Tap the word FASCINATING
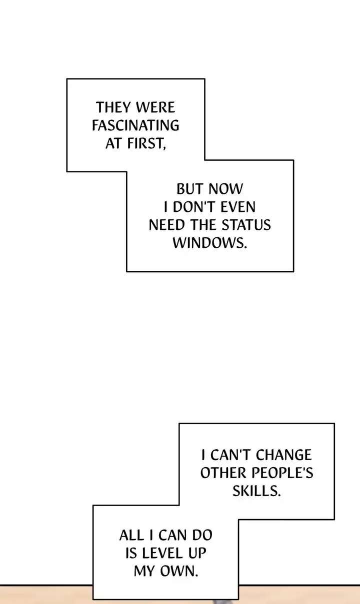[x=135, y=125]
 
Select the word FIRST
[x=146, y=143]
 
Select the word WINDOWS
[x=209, y=243]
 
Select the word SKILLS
[x=256, y=491]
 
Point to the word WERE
[x=155, y=107]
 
